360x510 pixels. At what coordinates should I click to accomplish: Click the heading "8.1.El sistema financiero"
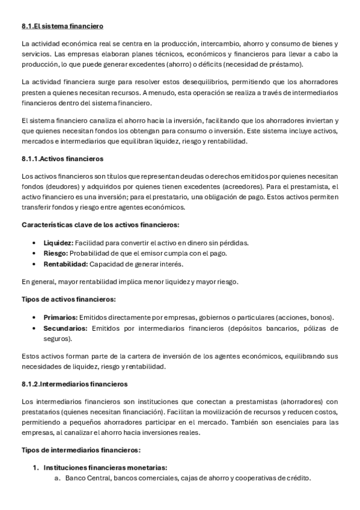(63, 26)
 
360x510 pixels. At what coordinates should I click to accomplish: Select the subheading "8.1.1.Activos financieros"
(63, 159)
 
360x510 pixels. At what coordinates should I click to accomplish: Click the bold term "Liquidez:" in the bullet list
(58, 242)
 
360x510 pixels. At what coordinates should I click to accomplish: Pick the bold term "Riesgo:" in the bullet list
(55, 253)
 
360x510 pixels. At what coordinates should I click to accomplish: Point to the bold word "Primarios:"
(60, 317)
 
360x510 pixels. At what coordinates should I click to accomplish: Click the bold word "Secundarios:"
(66, 328)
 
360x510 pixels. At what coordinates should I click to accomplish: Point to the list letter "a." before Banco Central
(58, 478)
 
